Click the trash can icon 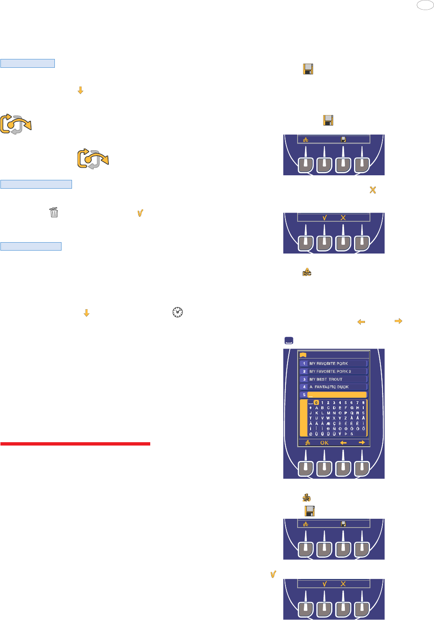(x=54, y=213)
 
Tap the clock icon (x=177, y=312)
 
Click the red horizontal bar (x=75, y=443)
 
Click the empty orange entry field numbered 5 (x=337, y=395)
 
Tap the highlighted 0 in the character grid (x=316, y=402)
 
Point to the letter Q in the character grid (x=352, y=413)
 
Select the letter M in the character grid (x=328, y=413)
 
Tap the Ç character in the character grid (x=334, y=423)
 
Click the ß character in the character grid (x=352, y=434)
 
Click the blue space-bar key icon (x=289, y=341)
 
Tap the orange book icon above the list (x=303, y=355)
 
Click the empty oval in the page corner (x=425, y=5)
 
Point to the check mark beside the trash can (x=140, y=213)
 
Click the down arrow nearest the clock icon (x=87, y=313)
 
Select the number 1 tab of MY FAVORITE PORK (x=304, y=364)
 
